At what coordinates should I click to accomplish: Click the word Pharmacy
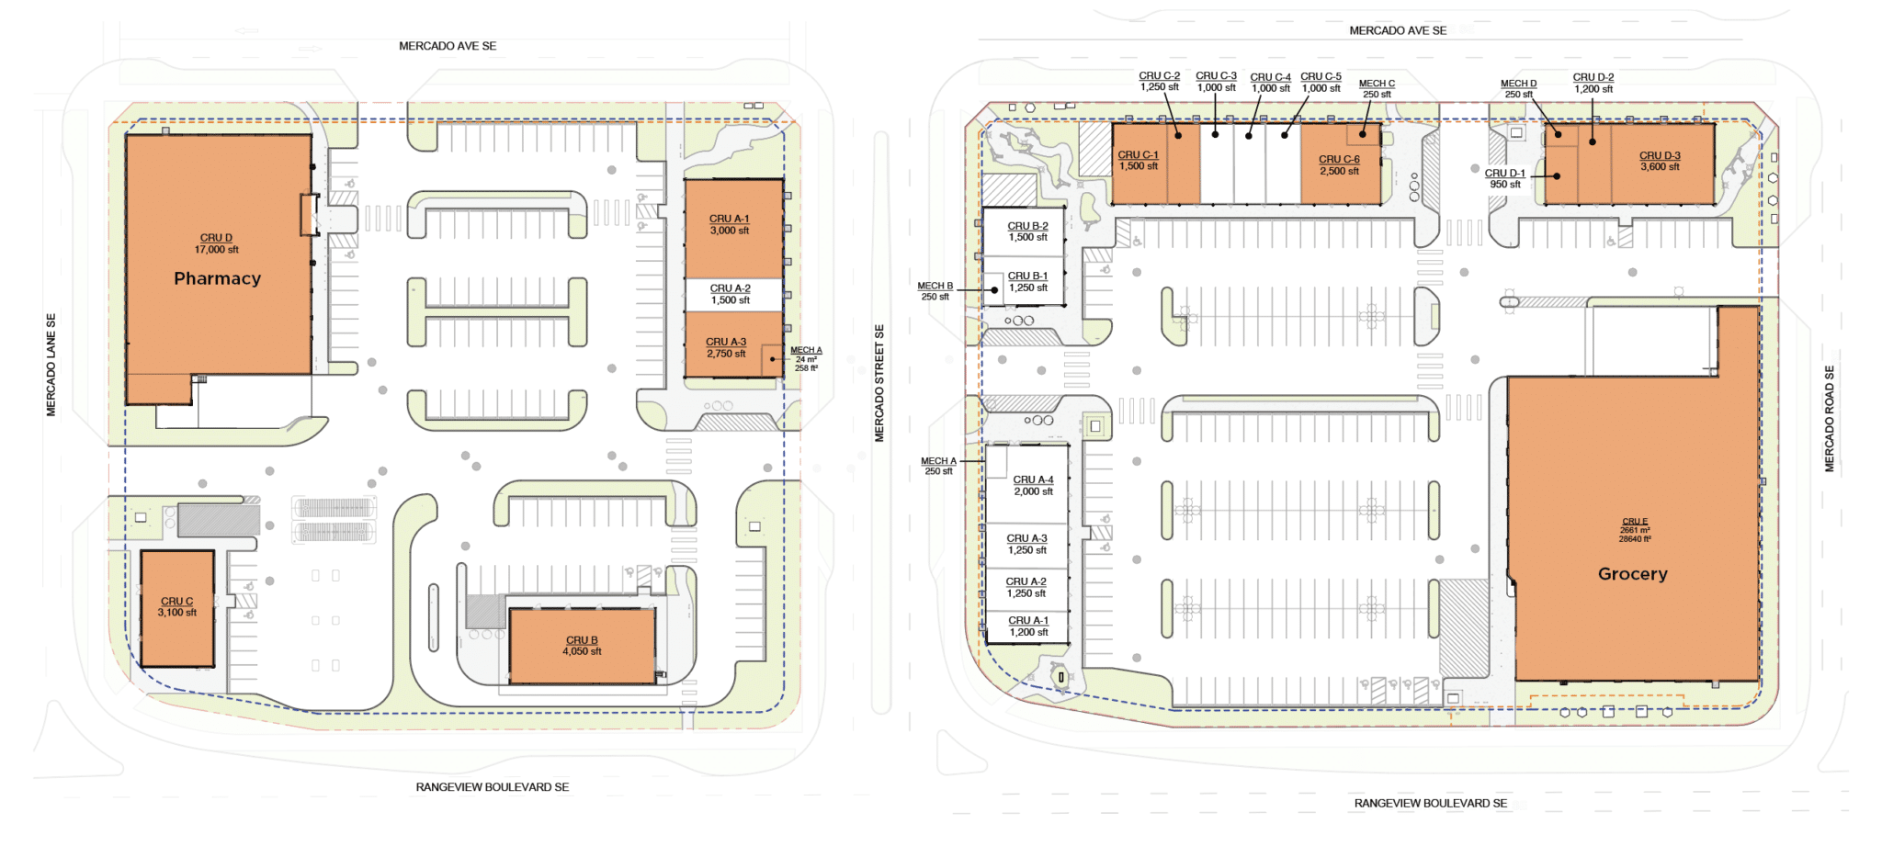217,278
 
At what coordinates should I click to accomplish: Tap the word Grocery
1632,574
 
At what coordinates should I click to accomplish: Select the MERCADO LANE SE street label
51,365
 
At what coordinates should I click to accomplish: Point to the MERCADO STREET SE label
879,383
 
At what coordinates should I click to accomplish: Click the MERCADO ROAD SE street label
1829,419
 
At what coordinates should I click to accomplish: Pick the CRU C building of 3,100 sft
177,608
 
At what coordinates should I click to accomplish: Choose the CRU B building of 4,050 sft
582,646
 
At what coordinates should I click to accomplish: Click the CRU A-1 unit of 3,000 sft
732,229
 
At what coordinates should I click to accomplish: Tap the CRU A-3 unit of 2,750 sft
732,345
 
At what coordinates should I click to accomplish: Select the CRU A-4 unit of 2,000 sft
1027,485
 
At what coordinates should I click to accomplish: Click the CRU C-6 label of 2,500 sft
1339,165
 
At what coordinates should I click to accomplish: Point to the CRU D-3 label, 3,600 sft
1660,162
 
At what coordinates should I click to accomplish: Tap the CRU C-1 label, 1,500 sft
1138,161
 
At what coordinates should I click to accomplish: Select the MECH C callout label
1377,88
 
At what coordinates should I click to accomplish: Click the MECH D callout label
1518,88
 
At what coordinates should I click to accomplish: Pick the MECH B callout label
935,291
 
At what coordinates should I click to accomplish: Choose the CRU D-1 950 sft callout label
1505,178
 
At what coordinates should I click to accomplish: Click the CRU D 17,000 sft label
216,243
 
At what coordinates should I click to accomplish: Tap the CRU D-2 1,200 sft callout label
1593,84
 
